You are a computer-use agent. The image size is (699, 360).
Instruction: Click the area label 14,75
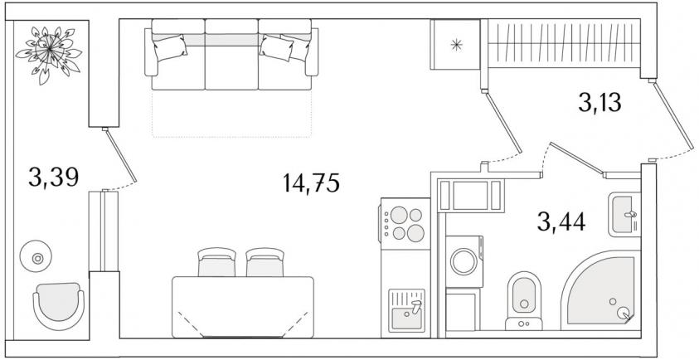coord(311,182)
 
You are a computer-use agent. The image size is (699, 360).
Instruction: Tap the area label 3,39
coord(54,178)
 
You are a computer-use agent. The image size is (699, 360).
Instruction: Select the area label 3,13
coord(599,103)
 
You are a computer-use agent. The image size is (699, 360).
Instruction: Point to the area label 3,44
coord(561,221)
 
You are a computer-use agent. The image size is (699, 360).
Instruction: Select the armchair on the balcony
coord(58,305)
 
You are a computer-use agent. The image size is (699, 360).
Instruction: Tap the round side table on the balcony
coord(36,256)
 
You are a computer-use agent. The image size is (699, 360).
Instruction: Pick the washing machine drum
coord(464,262)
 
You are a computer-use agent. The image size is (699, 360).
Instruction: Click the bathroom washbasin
coord(624,215)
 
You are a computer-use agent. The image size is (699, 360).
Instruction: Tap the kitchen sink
coord(406,310)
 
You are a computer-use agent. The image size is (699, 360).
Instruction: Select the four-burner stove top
coord(405,223)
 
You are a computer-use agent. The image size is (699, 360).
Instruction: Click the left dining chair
coord(216,262)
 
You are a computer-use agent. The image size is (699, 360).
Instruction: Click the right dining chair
coord(265,262)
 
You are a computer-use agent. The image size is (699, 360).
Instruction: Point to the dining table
coord(243,307)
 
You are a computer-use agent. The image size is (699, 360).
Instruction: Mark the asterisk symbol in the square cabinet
coord(455,44)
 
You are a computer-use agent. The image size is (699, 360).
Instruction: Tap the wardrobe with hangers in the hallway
coord(564,43)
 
